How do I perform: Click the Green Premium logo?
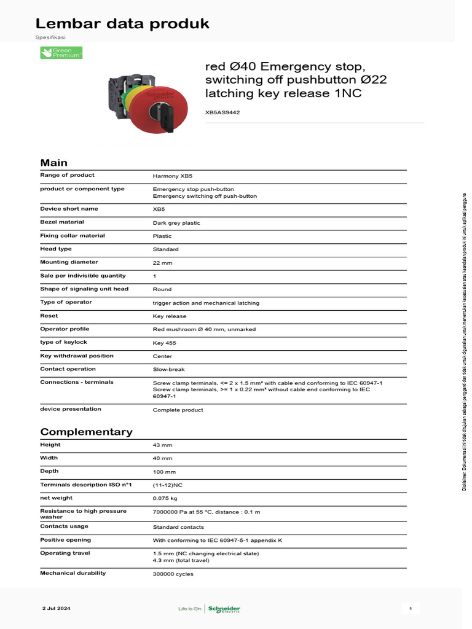point(61,53)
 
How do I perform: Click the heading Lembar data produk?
point(122,24)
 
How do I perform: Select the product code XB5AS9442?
point(222,112)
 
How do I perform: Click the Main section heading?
point(54,163)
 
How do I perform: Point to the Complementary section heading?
point(86,432)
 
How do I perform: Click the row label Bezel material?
point(62,222)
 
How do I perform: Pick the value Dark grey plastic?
point(176,223)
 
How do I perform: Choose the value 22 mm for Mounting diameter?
point(162,262)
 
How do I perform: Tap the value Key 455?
point(165,343)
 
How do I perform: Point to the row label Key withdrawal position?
point(77,356)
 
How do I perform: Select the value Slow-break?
point(169,369)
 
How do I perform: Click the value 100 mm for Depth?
point(164,472)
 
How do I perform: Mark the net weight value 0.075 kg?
point(165,498)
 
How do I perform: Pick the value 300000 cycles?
point(173,574)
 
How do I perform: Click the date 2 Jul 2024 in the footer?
point(57,608)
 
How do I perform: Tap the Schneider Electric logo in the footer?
point(224,609)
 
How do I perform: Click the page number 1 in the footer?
point(410,608)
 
